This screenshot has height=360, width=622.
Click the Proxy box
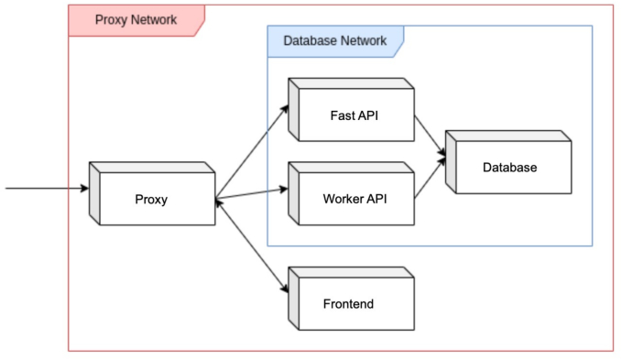pos(152,193)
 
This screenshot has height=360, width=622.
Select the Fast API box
pos(352,110)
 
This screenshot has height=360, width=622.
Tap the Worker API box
pos(352,193)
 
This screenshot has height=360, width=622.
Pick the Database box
pos(508,162)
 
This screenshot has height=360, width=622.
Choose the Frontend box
pos(352,299)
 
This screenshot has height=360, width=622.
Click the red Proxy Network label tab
pos(136,21)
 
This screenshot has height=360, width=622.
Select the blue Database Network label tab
pos(335,41)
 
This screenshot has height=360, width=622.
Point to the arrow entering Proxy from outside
pos(48,188)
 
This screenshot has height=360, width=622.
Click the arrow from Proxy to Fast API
pos(252,151)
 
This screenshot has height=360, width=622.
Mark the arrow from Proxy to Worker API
pos(252,193)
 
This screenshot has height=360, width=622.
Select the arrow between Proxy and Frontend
pos(252,245)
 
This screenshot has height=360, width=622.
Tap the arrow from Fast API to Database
pos(430,136)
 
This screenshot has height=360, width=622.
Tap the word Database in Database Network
pos(310,40)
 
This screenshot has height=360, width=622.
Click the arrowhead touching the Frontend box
pos(284,289)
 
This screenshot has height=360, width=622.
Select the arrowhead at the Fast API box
pos(284,109)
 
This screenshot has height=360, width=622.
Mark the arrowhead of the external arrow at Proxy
pos(84,188)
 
